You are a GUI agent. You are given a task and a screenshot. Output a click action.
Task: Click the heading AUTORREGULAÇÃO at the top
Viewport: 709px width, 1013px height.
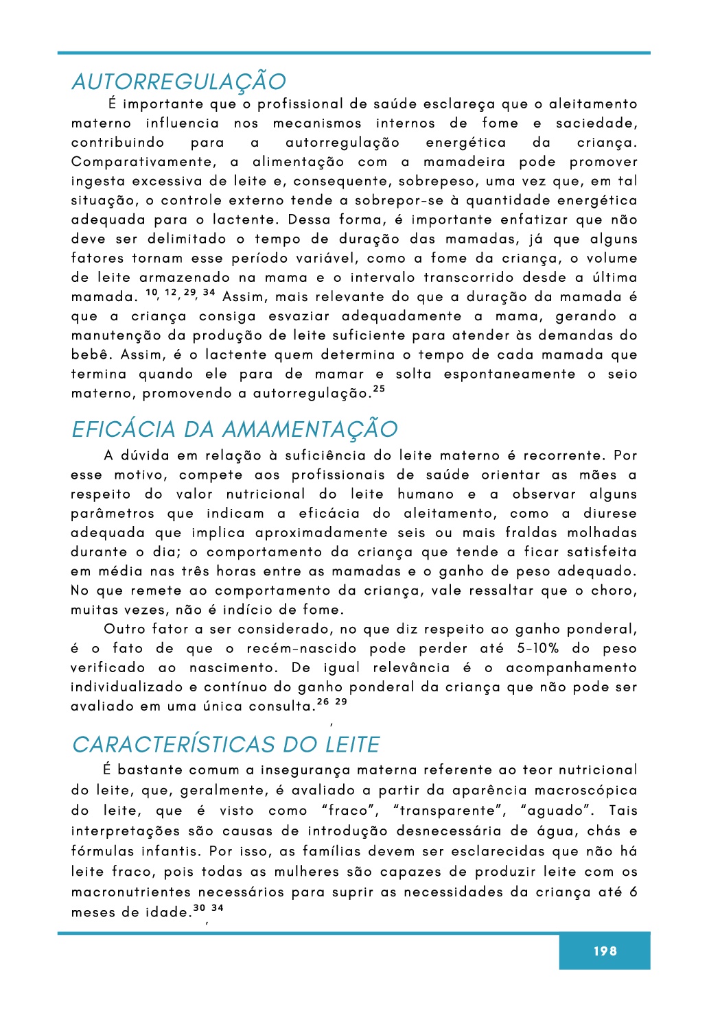(x=178, y=82)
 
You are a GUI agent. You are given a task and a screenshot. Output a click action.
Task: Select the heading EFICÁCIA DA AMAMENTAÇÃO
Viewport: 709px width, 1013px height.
(x=235, y=429)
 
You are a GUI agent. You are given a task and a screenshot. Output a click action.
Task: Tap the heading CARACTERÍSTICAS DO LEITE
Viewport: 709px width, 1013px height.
(x=226, y=744)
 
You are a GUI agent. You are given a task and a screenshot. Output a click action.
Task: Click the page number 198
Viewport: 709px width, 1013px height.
(x=605, y=951)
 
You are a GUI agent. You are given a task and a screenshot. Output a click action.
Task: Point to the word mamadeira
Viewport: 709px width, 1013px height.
(x=464, y=162)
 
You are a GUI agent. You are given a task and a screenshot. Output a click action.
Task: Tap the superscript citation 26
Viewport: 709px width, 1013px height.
(x=323, y=702)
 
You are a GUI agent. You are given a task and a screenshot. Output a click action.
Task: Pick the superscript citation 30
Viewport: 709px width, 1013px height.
(x=199, y=908)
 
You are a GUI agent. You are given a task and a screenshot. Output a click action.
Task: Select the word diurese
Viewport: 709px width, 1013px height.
(x=610, y=514)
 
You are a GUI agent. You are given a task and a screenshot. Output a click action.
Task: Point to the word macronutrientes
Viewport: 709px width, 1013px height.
(x=130, y=892)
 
